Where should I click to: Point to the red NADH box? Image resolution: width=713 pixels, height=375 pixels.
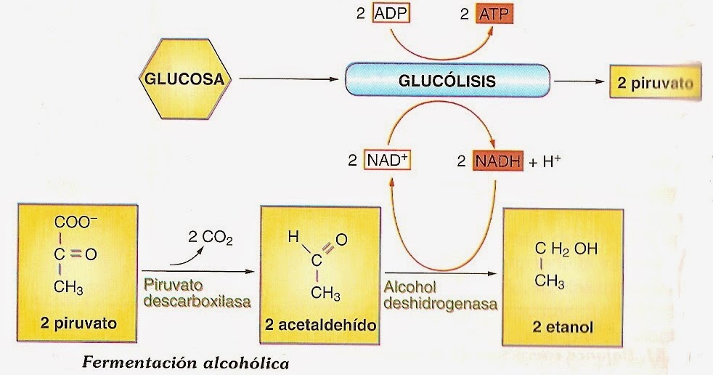click(x=500, y=161)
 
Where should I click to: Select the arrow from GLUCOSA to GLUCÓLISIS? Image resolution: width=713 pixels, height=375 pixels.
click(x=287, y=80)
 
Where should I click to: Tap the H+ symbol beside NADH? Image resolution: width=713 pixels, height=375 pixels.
click(x=555, y=161)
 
